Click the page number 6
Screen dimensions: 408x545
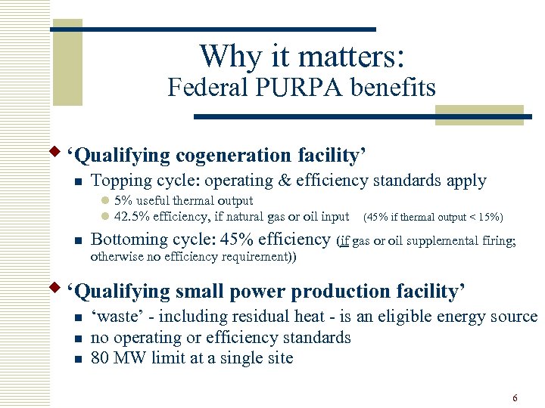click(515, 398)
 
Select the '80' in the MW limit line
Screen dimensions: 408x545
click(100, 358)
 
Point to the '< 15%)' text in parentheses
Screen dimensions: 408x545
click(485, 218)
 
